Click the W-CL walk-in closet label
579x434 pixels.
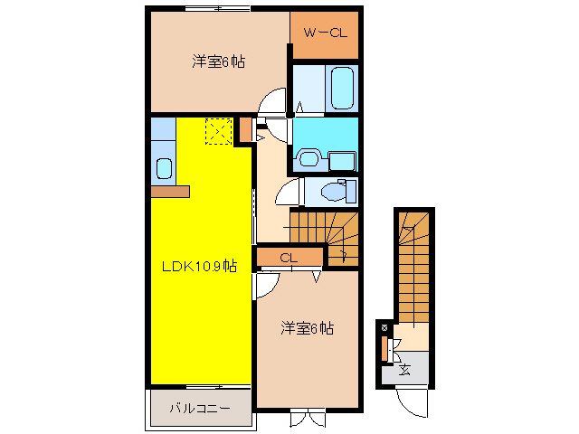[324, 34]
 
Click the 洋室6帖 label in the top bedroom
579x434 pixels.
[218, 62]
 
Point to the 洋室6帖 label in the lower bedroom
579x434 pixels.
[307, 327]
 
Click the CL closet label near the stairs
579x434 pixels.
[289, 259]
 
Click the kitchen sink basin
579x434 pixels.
[164, 167]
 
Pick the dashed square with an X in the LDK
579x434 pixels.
[218, 131]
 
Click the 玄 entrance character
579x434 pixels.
[404, 369]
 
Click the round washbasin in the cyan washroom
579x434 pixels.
[308, 160]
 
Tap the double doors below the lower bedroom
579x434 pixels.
[308, 419]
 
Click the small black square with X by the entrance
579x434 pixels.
[385, 326]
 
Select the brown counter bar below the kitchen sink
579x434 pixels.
[170, 192]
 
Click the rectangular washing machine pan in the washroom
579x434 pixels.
[342, 161]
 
